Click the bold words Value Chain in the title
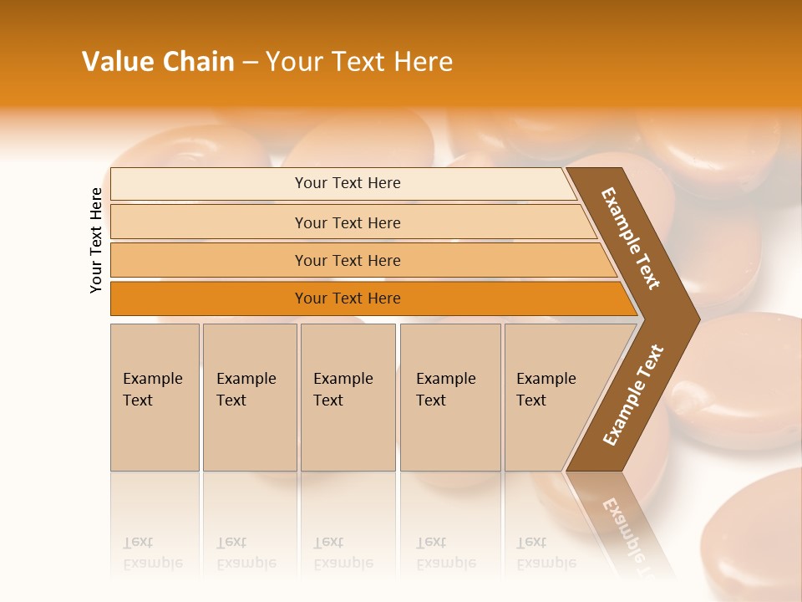point(158,62)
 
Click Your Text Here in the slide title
point(359,62)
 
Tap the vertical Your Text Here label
point(96,240)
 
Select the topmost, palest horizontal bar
point(343,183)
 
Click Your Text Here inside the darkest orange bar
point(348,298)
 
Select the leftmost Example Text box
point(155,397)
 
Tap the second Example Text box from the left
point(250,397)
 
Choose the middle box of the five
point(348,397)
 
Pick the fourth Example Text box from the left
point(450,397)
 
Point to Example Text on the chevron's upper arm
point(631,238)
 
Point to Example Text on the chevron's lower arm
point(632,395)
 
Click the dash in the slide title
point(250,63)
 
